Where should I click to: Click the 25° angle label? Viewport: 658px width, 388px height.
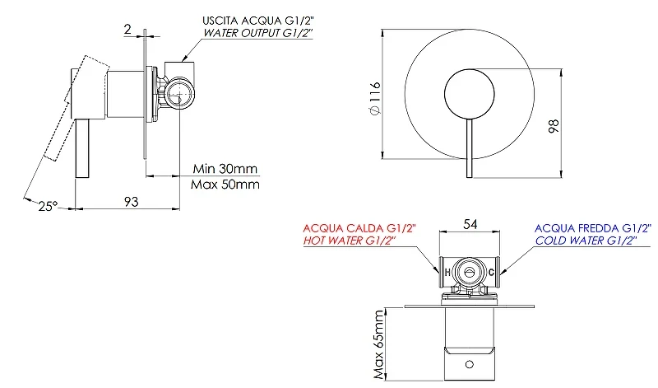(48, 206)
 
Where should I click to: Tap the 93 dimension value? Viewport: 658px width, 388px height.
(131, 201)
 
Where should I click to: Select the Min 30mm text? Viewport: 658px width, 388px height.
(225, 169)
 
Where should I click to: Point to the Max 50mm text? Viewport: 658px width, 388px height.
(225, 185)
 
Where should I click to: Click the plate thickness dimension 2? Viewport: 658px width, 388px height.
(127, 29)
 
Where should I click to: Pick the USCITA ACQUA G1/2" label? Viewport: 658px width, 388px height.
(257, 21)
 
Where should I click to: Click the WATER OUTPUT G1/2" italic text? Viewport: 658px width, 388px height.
(257, 33)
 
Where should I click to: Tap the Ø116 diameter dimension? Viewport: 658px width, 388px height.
(375, 98)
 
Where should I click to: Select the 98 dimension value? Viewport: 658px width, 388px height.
(554, 126)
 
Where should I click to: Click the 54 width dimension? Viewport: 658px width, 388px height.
(470, 224)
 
